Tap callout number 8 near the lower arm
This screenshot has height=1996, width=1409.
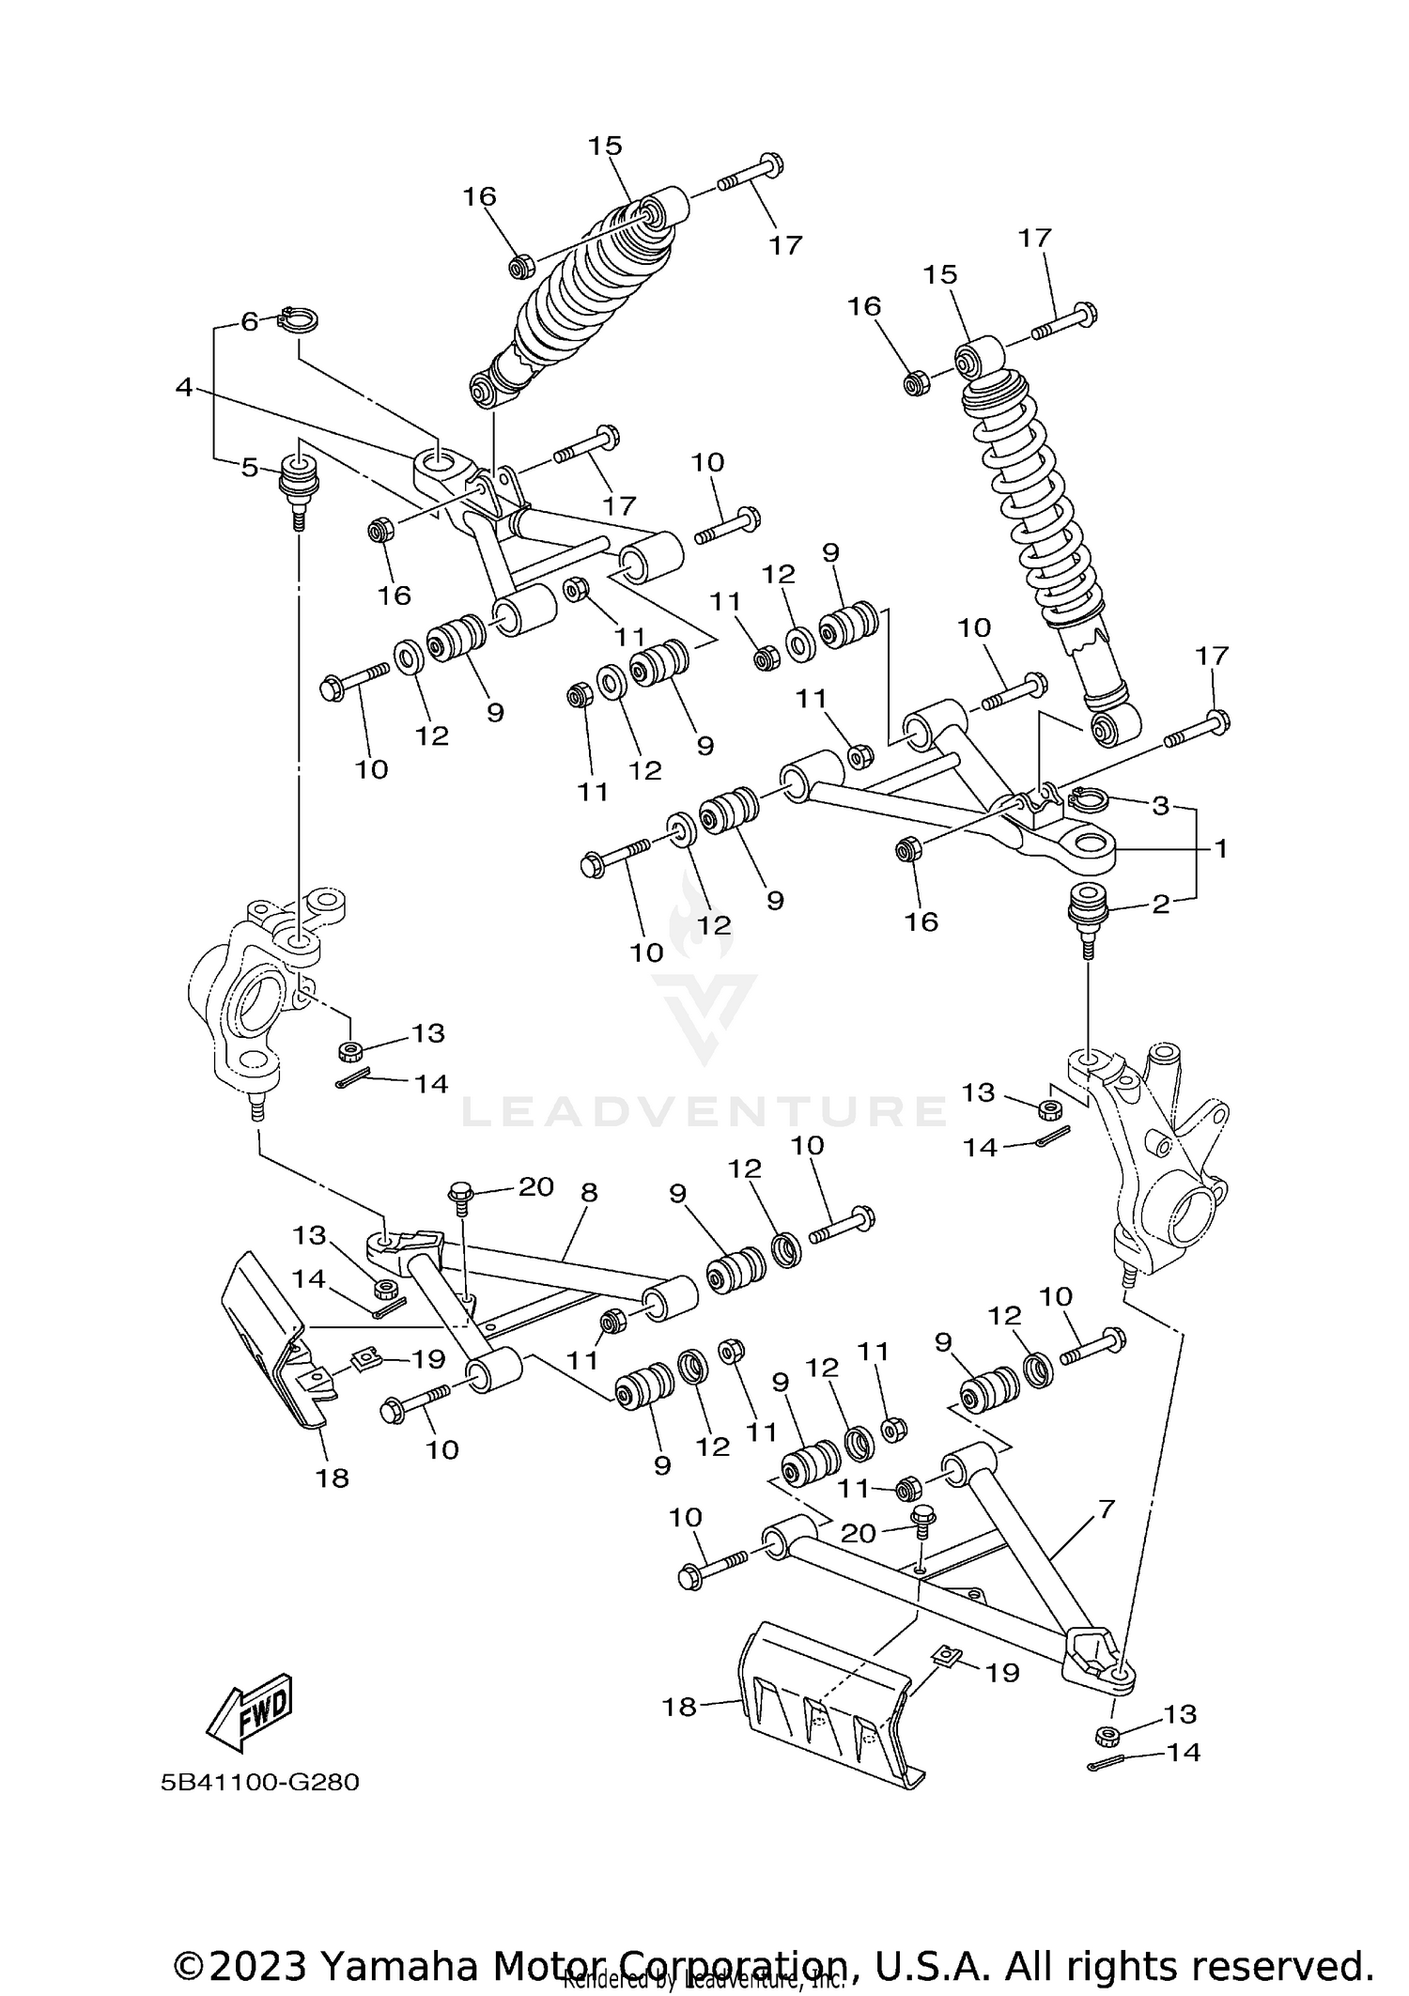point(589,1192)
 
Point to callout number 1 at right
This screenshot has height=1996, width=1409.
point(1220,848)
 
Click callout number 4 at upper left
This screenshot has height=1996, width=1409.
point(184,386)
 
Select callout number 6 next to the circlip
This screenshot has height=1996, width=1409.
point(249,321)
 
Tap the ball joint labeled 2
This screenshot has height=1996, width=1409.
point(1090,908)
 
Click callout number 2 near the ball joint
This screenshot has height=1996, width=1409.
point(1161,905)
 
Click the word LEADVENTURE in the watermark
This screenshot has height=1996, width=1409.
point(704,1111)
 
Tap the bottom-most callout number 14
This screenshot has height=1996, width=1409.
point(1184,1753)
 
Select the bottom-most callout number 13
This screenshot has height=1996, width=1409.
point(1180,1714)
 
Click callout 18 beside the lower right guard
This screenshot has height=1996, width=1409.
point(679,1707)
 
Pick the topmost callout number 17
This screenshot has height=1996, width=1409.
point(785,245)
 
